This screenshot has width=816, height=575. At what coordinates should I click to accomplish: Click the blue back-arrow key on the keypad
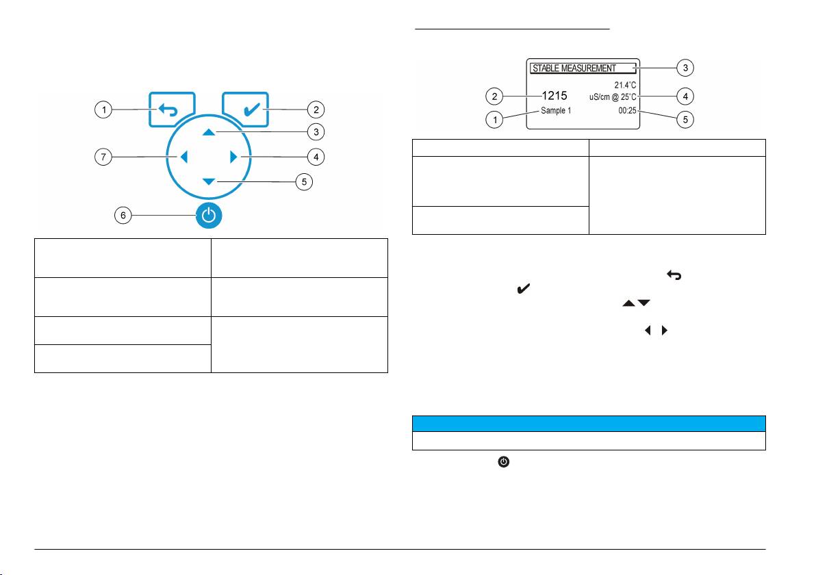click(x=173, y=110)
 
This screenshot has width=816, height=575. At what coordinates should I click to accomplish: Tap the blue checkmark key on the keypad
click(x=245, y=110)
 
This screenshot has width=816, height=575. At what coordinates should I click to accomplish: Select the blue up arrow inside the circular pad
click(x=209, y=131)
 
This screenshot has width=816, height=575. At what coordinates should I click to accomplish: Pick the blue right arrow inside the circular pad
click(x=233, y=157)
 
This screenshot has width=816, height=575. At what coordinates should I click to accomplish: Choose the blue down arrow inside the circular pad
click(x=209, y=181)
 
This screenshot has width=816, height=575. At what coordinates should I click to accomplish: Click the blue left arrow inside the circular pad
click(x=183, y=157)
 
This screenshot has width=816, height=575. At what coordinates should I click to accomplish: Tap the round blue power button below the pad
click(x=209, y=216)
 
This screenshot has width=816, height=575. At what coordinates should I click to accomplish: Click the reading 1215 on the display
click(x=554, y=97)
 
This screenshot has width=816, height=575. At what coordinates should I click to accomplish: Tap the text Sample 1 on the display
click(x=555, y=110)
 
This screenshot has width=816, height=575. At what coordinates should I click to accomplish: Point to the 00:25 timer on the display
click(x=628, y=110)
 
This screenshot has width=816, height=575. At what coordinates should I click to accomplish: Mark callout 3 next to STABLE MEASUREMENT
click(x=685, y=67)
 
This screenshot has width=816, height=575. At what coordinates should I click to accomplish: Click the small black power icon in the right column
click(x=503, y=463)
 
